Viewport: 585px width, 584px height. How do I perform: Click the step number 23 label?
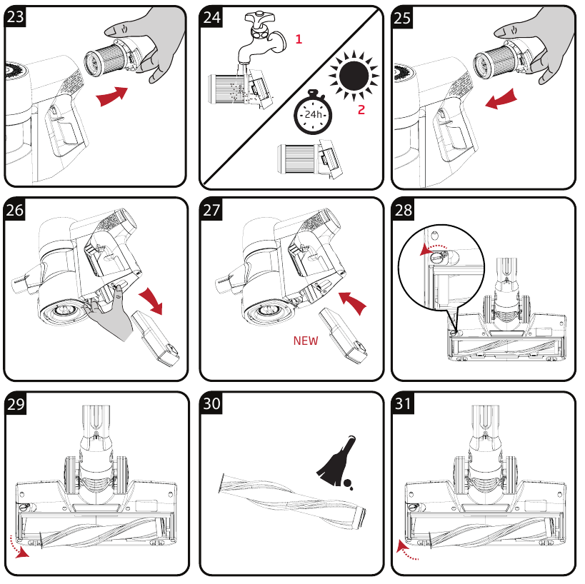[16, 17]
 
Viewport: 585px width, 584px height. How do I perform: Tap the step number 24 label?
[211, 17]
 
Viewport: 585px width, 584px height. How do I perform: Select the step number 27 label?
[211, 210]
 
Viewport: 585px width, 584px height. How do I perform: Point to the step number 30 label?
[211, 403]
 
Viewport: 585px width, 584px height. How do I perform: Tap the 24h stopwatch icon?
[311, 114]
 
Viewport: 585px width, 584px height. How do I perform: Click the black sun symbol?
[355, 74]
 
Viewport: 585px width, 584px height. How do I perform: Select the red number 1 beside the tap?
[299, 40]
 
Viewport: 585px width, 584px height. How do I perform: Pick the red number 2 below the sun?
[361, 110]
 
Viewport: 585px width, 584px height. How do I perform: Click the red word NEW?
[306, 341]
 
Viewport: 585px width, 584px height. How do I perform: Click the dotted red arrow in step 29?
[22, 550]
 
